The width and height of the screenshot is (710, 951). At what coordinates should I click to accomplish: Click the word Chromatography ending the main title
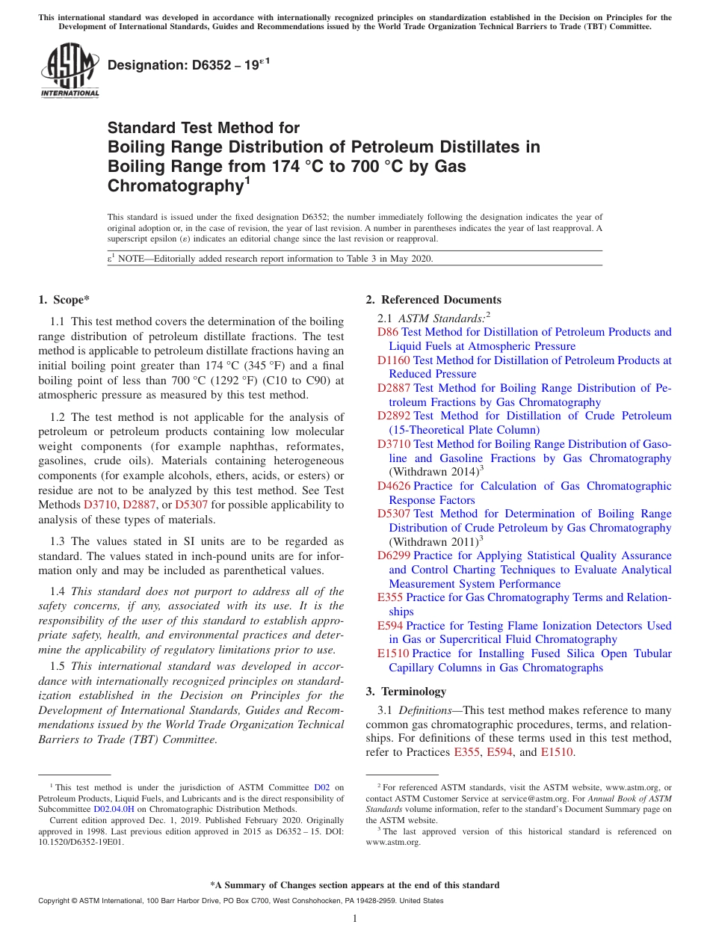tap(176, 186)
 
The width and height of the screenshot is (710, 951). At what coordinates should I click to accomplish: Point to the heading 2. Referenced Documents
tap(433, 300)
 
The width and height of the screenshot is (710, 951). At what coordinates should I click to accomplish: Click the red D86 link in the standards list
tap(388, 332)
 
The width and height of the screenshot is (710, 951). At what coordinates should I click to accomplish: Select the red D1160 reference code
tap(393, 360)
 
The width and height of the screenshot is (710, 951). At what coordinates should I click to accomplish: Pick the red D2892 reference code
tap(393, 416)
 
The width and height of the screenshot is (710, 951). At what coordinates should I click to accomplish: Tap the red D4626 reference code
tap(393, 486)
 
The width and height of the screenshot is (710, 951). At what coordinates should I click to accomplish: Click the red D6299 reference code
tap(393, 555)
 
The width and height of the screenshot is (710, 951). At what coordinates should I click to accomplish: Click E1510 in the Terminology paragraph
tap(557, 752)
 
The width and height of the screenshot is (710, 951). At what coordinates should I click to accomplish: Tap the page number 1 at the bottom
tap(355, 918)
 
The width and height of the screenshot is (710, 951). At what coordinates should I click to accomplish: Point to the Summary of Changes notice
tap(355, 885)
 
